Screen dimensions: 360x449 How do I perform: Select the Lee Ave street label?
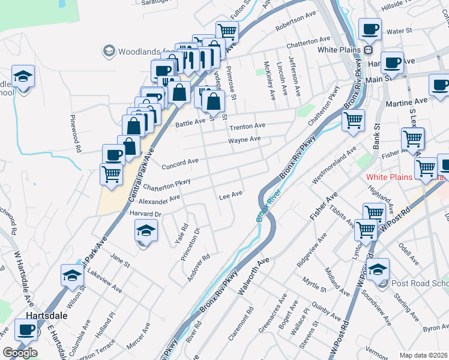pos(231,195)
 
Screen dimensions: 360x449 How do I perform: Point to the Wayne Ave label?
pos(244,140)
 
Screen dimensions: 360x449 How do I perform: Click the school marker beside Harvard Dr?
pos(145,230)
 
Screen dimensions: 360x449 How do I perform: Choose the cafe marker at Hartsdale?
pos(26,330)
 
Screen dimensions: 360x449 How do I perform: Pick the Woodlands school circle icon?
pos(109,52)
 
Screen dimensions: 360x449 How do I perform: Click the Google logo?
pos(20,353)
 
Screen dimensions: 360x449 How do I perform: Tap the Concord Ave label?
pos(179,162)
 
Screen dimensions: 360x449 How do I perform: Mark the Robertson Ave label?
pos(295,28)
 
